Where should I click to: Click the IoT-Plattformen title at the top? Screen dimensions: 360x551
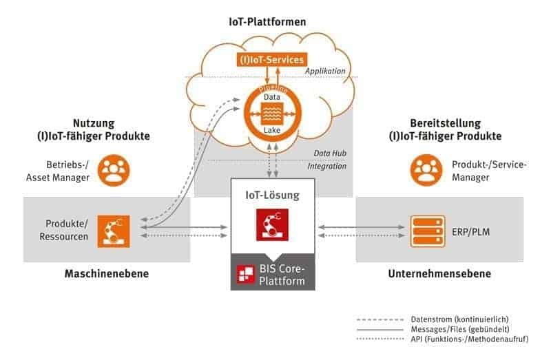coord(268,22)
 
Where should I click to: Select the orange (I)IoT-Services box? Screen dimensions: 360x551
coord(271,60)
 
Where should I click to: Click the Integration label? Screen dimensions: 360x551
coord(326,166)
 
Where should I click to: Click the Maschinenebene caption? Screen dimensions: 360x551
coord(107,274)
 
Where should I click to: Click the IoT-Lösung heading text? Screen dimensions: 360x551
coord(273,195)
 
